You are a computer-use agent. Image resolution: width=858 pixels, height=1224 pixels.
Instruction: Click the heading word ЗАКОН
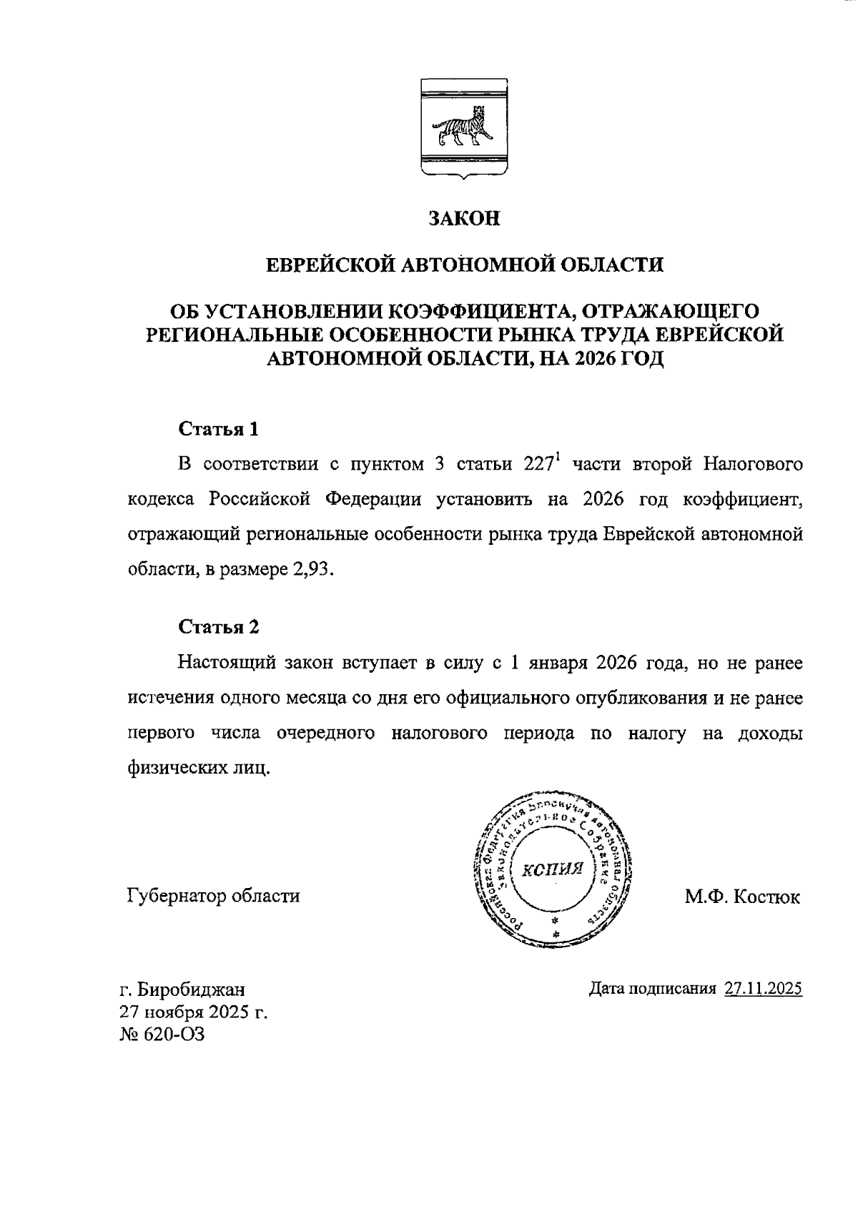463,219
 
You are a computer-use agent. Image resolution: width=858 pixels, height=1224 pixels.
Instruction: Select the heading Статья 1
218,430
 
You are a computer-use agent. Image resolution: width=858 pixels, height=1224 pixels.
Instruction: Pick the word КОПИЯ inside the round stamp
553,869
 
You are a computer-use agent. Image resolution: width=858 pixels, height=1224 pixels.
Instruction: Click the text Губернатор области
213,895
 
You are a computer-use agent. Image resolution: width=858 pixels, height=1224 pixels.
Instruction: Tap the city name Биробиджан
191,989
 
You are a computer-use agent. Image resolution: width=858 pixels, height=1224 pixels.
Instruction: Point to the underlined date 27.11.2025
764,989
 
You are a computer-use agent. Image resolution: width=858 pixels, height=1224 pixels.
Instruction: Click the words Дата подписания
652,989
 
